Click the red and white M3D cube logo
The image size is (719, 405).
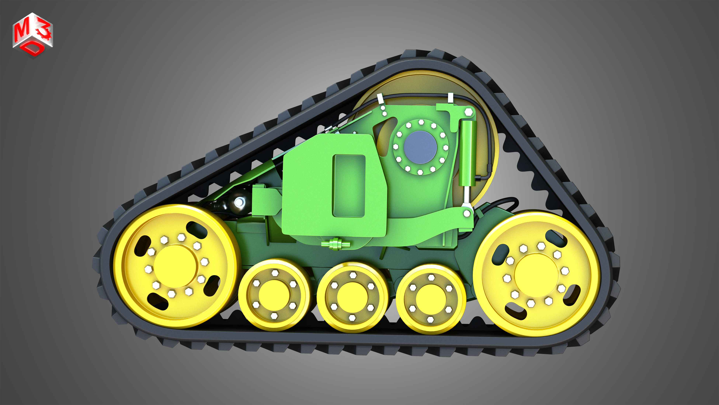pos(33,35)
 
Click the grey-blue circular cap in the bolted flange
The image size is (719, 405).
pos(420,147)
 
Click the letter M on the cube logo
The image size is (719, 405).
pos(21,31)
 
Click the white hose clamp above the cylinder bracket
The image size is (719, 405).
pos(450,98)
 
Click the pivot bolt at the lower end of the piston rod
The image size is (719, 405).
pos(467,213)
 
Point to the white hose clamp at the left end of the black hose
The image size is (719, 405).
pos(380,98)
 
